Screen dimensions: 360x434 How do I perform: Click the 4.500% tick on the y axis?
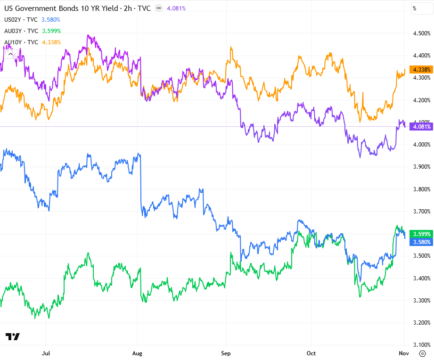(421, 33)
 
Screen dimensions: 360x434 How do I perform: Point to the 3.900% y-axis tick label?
(421, 167)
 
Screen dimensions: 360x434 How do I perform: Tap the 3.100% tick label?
(421, 345)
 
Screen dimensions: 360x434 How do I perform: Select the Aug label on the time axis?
(137, 352)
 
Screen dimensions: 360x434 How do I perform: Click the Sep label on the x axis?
(226, 352)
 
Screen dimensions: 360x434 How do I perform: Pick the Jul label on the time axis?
(46, 352)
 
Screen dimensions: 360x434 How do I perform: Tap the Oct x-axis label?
(311, 352)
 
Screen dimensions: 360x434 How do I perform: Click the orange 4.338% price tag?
(421, 70)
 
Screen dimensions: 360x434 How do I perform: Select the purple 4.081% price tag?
(421, 126)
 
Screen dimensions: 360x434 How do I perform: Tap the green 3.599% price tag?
(421, 234)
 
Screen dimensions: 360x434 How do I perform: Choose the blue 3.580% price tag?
(421, 242)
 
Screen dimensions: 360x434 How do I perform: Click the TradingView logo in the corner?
(13, 336)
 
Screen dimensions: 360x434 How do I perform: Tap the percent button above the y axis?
(415, 8)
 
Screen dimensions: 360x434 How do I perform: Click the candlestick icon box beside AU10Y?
(9, 54)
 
